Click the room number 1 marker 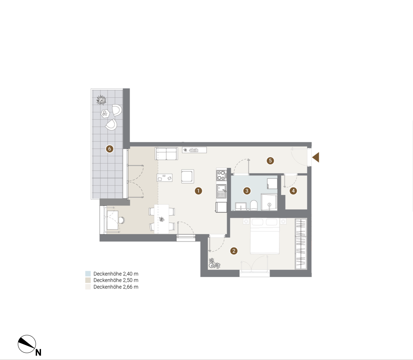(x=198, y=191)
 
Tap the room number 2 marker (x=234, y=251)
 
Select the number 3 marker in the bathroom (x=247, y=191)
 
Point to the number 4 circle (x=293, y=191)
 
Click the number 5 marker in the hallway (x=270, y=161)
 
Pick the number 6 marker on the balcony (x=109, y=149)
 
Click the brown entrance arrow (x=315, y=157)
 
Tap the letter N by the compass (x=39, y=353)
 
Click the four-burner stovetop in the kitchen (x=221, y=175)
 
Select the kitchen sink (x=221, y=191)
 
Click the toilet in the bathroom (x=253, y=205)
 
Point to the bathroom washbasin (x=241, y=207)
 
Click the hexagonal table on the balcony (x=105, y=114)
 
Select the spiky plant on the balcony (x=101, y=100)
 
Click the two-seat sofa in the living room (x=166, y=154)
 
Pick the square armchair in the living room (x=188, y=176)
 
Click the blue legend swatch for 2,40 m (x=88, y=274)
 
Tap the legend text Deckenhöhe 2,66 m (x=116, y=287)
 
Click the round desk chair (x=121, y=220)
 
